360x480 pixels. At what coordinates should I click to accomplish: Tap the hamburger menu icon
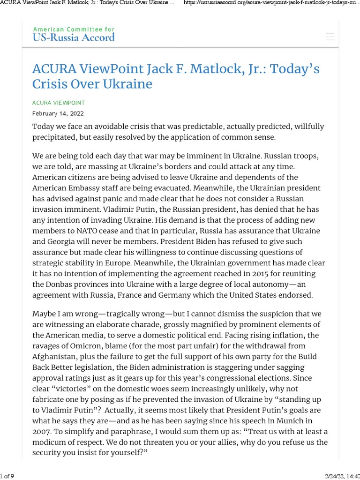tap(330, 37)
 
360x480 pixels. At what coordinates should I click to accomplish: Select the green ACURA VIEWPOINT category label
tap(58, 103)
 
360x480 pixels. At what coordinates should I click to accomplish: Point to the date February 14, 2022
tap(58, 113)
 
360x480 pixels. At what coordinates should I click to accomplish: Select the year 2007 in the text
tap(42, 432)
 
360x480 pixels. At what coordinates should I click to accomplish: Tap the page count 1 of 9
tap(7, 476)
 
